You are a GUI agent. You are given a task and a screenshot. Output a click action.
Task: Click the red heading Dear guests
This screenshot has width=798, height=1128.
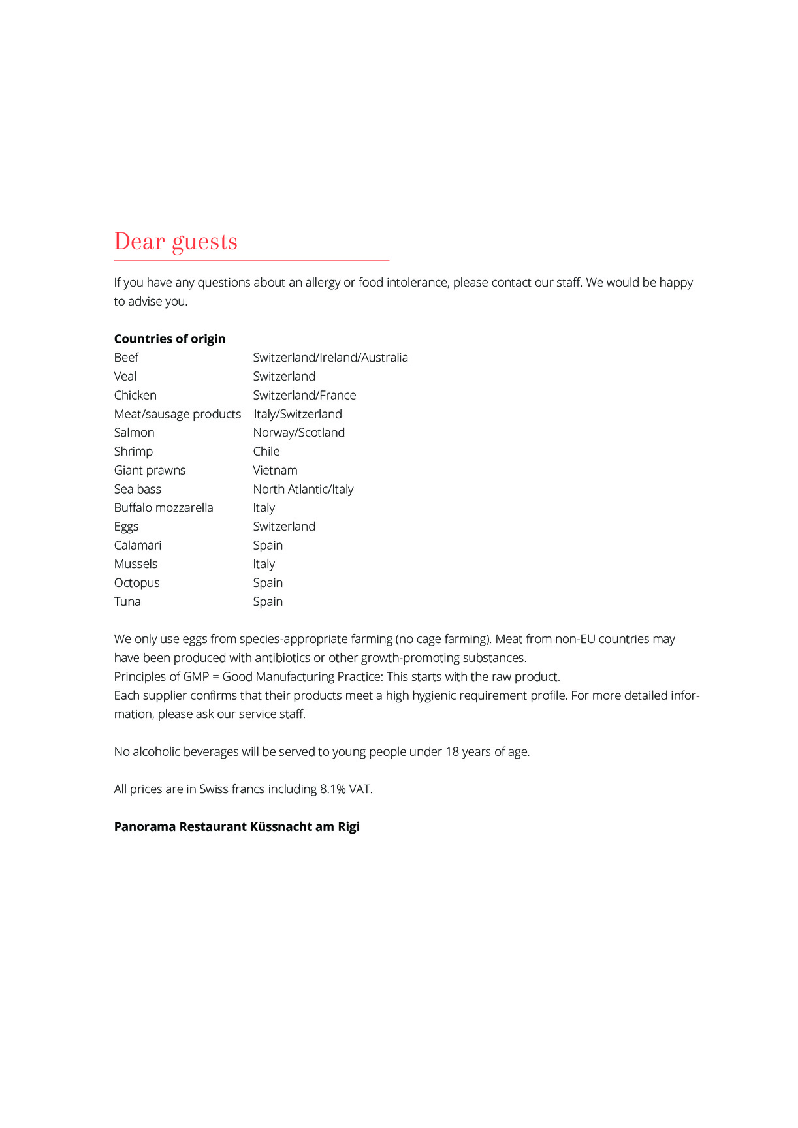176,242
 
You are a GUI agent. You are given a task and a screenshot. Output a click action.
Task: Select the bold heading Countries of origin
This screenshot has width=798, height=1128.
170,339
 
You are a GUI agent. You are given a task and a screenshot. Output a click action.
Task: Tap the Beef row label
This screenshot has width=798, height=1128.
126,358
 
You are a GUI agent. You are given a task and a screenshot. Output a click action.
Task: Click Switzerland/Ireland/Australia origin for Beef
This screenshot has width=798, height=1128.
330,358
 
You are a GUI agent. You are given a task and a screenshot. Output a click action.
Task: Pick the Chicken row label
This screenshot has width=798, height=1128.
135,396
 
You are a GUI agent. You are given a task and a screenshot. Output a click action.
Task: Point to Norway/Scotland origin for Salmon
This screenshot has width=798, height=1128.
298,433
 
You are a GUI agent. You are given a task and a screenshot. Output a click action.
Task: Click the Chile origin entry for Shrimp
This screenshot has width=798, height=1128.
266,452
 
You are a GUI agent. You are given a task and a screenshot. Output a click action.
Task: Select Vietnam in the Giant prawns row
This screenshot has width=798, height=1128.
275,471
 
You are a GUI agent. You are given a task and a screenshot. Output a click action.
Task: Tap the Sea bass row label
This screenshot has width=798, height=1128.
137,490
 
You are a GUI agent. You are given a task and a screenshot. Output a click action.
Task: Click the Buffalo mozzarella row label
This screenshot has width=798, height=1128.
163,508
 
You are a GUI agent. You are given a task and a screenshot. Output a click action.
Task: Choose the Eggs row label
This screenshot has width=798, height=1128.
126,527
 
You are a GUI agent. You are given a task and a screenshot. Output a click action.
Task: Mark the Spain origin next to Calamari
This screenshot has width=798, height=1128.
268,546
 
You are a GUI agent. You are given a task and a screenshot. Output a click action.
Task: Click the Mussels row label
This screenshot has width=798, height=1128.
135,564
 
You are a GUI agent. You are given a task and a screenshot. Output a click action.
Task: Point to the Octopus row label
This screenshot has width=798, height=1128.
136,583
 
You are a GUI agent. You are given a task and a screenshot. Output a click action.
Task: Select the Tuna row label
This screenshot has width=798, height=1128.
127,602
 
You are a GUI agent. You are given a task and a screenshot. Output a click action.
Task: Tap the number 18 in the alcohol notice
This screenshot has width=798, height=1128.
452,752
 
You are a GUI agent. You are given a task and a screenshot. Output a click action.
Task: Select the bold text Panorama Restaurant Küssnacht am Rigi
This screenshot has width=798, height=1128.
236,827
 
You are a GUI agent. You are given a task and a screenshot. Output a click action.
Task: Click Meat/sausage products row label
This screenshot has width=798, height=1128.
177,415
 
